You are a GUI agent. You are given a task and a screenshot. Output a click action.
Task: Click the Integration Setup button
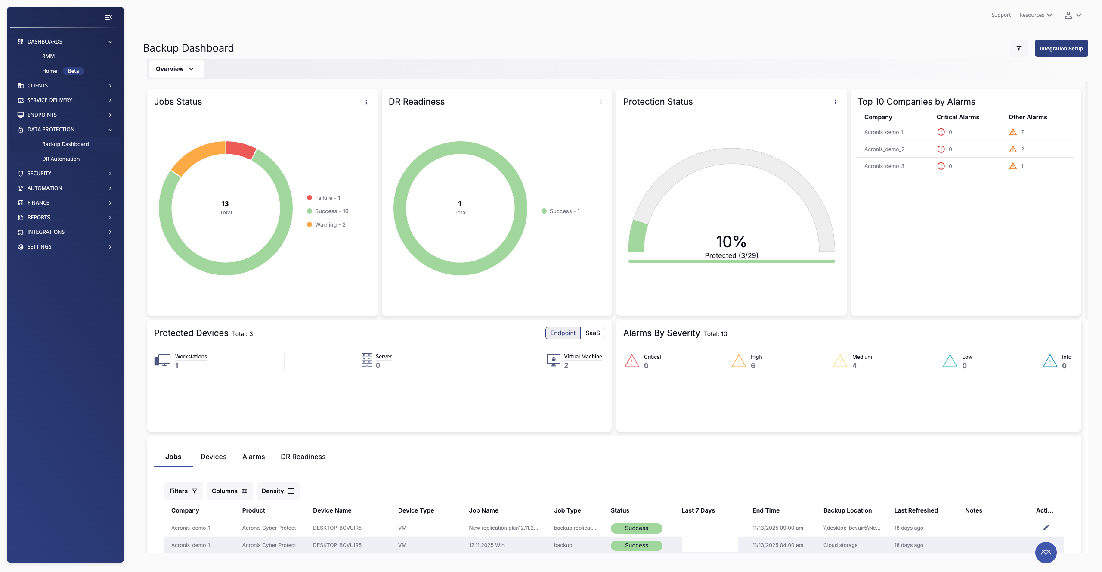1061,48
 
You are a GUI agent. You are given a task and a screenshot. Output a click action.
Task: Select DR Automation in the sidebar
61,159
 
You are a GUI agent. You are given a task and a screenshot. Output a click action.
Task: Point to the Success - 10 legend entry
331,211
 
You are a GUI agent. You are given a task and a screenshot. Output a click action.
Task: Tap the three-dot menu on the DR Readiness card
601,102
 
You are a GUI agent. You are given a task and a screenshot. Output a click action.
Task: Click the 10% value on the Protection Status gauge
731,242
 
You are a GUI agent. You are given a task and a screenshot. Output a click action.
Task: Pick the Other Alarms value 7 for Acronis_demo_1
1022,132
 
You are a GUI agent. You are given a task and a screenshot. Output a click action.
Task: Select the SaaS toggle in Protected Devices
592,333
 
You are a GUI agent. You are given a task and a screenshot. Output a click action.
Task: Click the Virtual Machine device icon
553,360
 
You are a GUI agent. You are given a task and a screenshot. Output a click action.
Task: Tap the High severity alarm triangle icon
738,361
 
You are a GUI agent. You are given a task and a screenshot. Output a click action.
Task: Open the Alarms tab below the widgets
253,457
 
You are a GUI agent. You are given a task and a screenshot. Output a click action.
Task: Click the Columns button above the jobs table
229,491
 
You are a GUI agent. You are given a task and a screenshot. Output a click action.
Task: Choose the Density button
278,491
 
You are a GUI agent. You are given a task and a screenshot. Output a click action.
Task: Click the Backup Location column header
847,510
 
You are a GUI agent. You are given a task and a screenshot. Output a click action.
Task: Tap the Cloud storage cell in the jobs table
840,545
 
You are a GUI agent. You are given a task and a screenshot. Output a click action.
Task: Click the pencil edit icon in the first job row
1046,528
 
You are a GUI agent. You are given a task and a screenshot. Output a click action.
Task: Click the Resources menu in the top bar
1035,15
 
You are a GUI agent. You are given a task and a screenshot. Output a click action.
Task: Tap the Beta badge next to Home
73,71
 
